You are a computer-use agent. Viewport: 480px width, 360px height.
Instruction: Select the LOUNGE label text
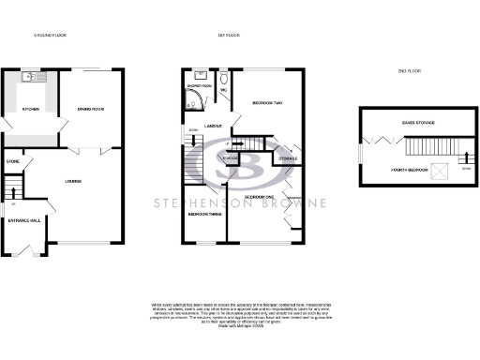73,180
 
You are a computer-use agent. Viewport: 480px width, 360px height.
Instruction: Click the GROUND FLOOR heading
50,36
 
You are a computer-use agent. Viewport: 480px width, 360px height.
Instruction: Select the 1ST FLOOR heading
229,36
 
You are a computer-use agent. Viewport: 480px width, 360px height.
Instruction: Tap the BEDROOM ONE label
258,196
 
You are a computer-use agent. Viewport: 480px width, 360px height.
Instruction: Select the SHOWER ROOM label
200,86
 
